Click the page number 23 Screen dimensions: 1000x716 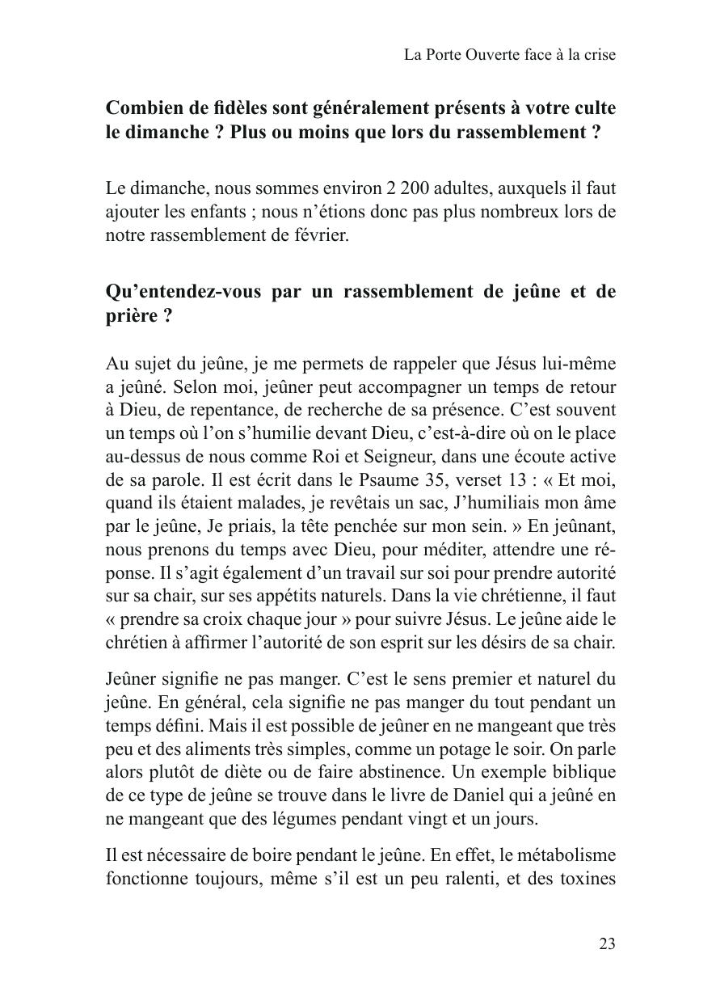point(608,943)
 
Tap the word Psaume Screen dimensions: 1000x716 point(381,480)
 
